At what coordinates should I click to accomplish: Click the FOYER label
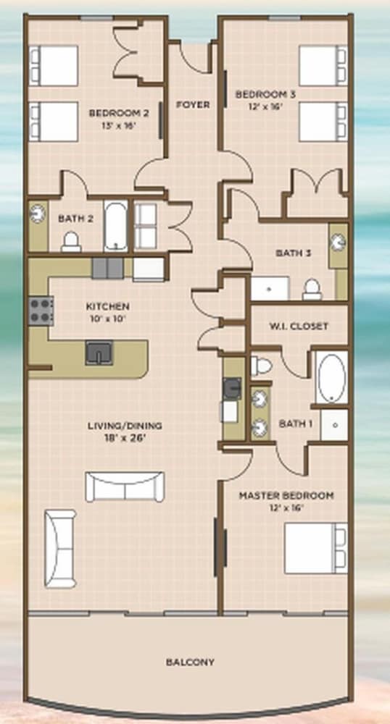tap(193, 105)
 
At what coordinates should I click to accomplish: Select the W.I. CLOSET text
tap(299, 326)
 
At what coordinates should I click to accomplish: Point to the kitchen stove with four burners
tap(41, 311)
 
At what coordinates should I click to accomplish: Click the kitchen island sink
tap(99, 353)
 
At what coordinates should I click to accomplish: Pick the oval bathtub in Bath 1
tap(331, 378)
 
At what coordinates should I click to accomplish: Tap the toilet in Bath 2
tap(71, 242)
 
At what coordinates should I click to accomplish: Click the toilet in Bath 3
tap(312, 290)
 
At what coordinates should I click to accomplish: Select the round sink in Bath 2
tap(37, 214)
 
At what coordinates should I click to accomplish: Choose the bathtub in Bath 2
tap(115, 226)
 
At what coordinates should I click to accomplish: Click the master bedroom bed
tap(316, 548)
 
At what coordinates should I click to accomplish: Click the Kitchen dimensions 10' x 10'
tap(107, 318)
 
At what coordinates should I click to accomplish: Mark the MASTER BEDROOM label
tap(286, 496)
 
